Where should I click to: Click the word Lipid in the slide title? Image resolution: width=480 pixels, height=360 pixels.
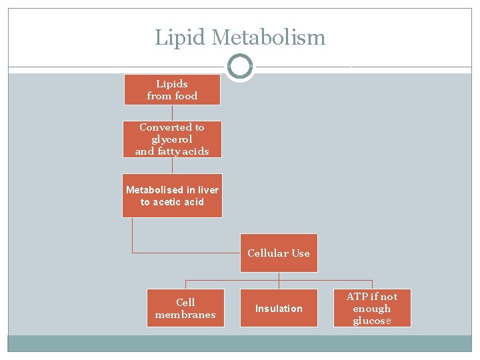click(180, 37)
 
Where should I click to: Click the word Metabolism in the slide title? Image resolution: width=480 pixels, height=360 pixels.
click(268, 37)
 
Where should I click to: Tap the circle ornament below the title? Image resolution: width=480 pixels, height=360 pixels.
click(239, 67)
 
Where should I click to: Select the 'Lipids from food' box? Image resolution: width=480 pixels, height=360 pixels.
click(172, 90)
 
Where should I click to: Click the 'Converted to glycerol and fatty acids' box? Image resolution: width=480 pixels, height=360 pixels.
click(172, 139)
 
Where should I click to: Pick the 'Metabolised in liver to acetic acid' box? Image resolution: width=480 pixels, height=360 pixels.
click(172, 195)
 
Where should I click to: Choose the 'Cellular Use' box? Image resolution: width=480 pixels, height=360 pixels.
click(279, 253)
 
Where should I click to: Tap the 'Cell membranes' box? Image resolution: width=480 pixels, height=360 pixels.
click(185, 308)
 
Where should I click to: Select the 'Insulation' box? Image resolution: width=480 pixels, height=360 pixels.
click(279, 308)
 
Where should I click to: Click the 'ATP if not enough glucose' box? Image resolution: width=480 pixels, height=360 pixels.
click(372, 308)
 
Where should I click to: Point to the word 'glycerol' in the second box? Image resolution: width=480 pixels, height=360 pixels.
click(172, 139)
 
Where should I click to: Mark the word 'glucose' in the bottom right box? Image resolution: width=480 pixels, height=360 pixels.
click(372, 321)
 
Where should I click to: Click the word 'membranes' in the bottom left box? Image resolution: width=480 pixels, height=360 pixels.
click(185, 315)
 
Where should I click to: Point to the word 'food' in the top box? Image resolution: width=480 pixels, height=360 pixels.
click(186, 96)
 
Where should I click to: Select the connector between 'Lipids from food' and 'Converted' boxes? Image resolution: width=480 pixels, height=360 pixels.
click(172, 113)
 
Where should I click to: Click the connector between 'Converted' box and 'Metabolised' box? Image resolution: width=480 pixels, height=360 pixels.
click(172, 165)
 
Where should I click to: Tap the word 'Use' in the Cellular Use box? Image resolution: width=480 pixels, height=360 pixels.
click(300, 253)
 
